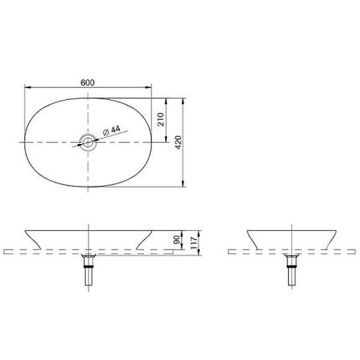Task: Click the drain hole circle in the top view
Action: click(88, 143)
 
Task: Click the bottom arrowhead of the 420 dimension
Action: click(184, 184)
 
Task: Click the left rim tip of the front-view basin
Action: click(25, 230)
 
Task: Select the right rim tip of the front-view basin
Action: click(151, 230)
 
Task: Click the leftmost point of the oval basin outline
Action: click(24, 143)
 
